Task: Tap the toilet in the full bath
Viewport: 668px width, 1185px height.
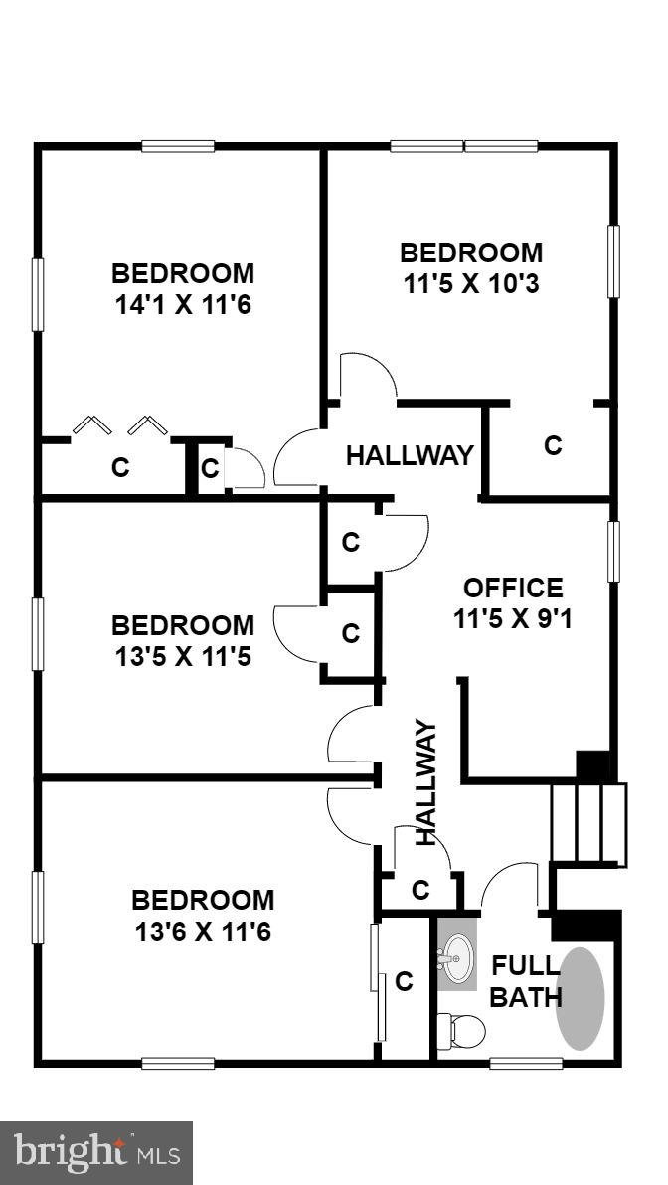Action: coord(461,1031)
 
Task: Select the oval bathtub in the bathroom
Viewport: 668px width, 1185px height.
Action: coord(581,999)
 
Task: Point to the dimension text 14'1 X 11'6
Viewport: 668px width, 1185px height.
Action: coord(182,304)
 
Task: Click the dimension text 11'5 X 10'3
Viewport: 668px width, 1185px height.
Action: coord(471,284)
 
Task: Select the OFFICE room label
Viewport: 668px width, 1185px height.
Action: coord(513,588)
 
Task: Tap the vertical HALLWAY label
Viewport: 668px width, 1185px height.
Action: coord(425,782)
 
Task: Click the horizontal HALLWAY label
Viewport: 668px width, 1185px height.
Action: coord(410,456)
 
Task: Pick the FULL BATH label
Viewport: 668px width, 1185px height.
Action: coord(527,980)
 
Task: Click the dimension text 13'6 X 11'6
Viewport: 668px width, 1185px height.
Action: coord(203,932)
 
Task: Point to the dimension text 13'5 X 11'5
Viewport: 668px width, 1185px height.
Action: coord(183,657)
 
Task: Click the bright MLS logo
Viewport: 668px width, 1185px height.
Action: coord(96,1153)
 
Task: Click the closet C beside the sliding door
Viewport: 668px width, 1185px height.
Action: coord(404,982)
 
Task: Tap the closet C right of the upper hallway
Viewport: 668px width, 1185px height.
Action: coord(553,445)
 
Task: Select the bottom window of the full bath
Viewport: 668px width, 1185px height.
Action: coord(526,1063)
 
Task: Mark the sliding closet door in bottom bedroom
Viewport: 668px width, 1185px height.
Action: coord(378,982)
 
